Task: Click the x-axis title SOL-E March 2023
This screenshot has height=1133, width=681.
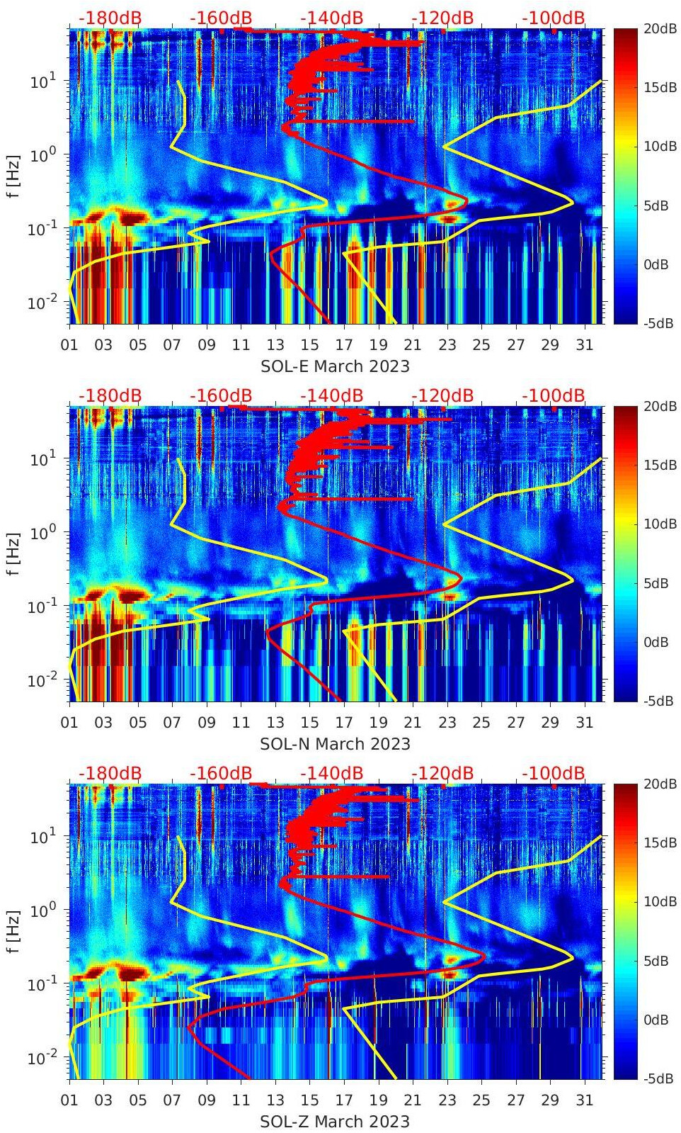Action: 335,366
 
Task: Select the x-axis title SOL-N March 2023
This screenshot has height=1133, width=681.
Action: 335,744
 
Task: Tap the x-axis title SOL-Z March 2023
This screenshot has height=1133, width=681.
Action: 335,1122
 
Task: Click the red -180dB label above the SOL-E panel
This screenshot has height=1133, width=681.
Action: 110,18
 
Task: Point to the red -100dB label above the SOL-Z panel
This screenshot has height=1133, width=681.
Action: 554,773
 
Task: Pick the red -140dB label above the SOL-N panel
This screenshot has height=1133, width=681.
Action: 331,395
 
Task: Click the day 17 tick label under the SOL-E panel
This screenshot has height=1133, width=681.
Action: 344,345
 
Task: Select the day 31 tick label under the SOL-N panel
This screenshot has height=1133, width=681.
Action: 584,723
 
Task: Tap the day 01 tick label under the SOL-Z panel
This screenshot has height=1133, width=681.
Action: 69,1100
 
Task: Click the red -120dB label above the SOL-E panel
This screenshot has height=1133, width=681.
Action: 442,18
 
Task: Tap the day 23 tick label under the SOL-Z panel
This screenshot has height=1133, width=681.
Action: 447,1100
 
